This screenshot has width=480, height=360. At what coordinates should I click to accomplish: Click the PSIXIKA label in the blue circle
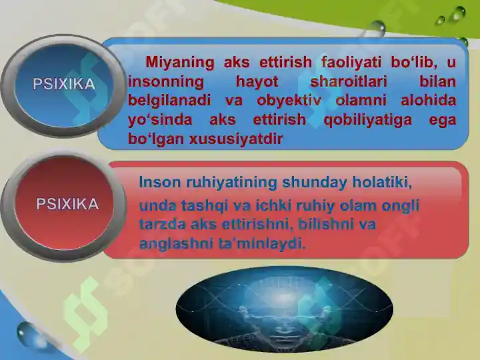click(64, 84)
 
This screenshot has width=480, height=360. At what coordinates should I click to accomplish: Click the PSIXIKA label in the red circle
click(67, 204)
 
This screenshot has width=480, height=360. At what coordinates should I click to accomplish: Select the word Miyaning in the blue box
click(180, 63)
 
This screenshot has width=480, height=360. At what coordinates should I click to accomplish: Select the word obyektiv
click(289, 101)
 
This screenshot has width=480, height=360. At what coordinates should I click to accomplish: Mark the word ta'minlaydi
click(262, 244)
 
